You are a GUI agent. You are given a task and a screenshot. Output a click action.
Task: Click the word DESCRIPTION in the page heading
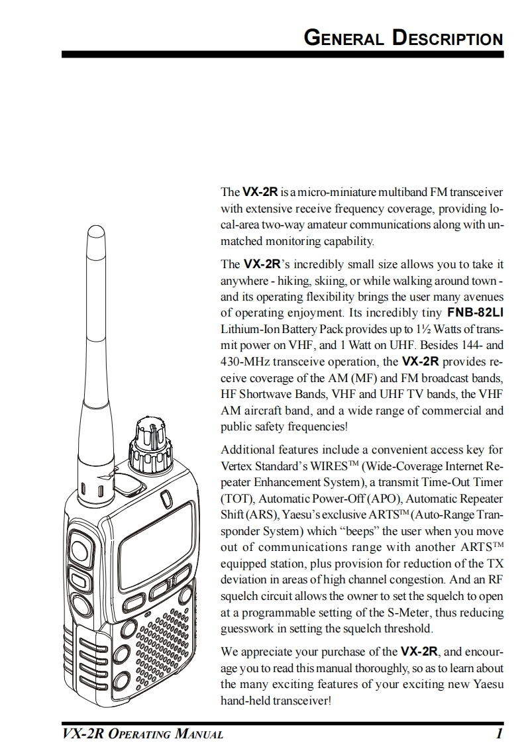[x=448, y=38]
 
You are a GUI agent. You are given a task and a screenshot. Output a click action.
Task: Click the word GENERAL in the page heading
[x=344, y=38]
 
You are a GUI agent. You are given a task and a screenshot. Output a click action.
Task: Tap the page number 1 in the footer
[x=498, y=734]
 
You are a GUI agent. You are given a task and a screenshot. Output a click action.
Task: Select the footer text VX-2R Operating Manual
[x=142, y=734]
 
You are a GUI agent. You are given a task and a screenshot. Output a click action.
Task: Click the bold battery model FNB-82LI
[x=475, y=313]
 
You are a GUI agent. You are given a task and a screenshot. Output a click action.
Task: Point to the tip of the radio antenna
[x=96, y=226]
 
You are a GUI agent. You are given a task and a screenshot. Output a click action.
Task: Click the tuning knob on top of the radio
[x=149, y=443]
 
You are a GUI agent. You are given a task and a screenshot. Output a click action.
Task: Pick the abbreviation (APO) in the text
[x=382, y=499]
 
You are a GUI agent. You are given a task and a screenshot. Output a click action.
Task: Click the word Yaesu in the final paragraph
[x=488, y=684]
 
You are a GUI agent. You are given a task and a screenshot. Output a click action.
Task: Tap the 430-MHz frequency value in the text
[x=245, y=362]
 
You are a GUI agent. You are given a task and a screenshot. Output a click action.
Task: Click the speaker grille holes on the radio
[x=164, y=648]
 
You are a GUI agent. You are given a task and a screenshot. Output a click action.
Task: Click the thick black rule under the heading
[x=283, y=55]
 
